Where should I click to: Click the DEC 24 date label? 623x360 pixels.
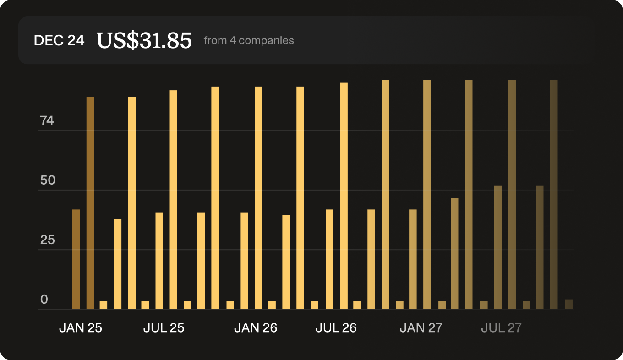59,40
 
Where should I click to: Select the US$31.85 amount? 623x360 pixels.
144,40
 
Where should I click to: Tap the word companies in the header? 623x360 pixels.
266,40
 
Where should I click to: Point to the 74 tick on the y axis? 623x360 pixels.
47,121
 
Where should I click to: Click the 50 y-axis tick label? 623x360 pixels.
48,180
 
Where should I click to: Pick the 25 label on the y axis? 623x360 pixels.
48,240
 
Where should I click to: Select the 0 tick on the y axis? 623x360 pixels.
44,300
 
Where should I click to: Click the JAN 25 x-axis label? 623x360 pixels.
81,328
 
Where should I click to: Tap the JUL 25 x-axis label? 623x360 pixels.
164,328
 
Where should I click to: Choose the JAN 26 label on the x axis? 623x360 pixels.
256,328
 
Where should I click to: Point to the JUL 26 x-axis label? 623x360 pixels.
336,328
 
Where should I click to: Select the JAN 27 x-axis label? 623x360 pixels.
421,328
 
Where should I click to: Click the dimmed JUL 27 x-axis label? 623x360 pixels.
501,328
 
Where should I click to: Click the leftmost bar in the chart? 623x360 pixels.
76,259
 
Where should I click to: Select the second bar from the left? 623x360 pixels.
90,203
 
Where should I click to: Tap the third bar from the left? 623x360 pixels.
104,305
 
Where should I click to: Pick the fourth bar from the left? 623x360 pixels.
118,264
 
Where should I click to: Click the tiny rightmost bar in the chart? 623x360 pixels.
569,304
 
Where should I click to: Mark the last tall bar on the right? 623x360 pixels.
554,194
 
